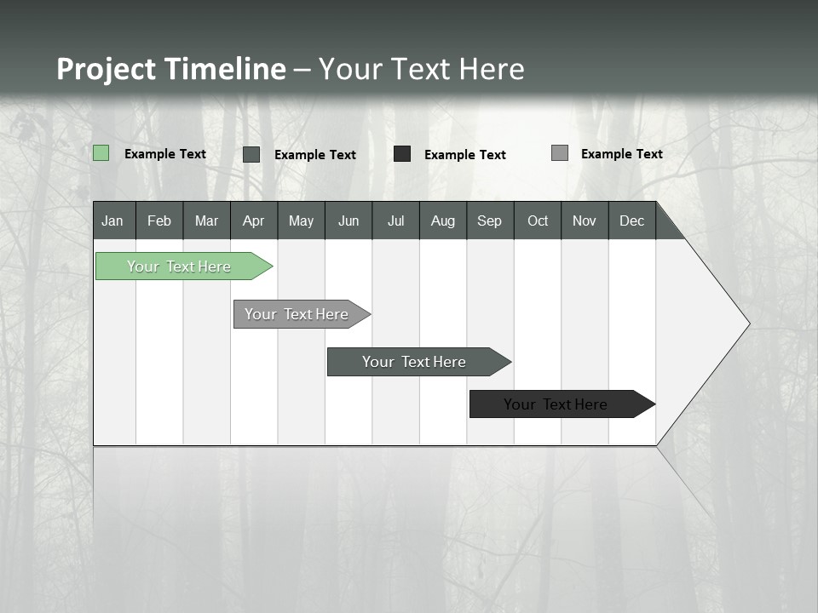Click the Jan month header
pos(112,221)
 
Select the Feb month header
pos(159,221)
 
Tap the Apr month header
pos(253,221)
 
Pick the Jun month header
pos(348,221)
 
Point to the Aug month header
pos(442,221)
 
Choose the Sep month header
pos(489,221)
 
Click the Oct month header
pos(537,221)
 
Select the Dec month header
pos(631,221)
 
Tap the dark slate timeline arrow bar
pos(415,362)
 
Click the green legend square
pos(101,153)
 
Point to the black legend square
pos(402,154)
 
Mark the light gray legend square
pos(560,153)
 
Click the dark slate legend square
pos(251,154)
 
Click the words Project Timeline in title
pos(171,69)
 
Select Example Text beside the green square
pos(165,154)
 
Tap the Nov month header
pos(585,221)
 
